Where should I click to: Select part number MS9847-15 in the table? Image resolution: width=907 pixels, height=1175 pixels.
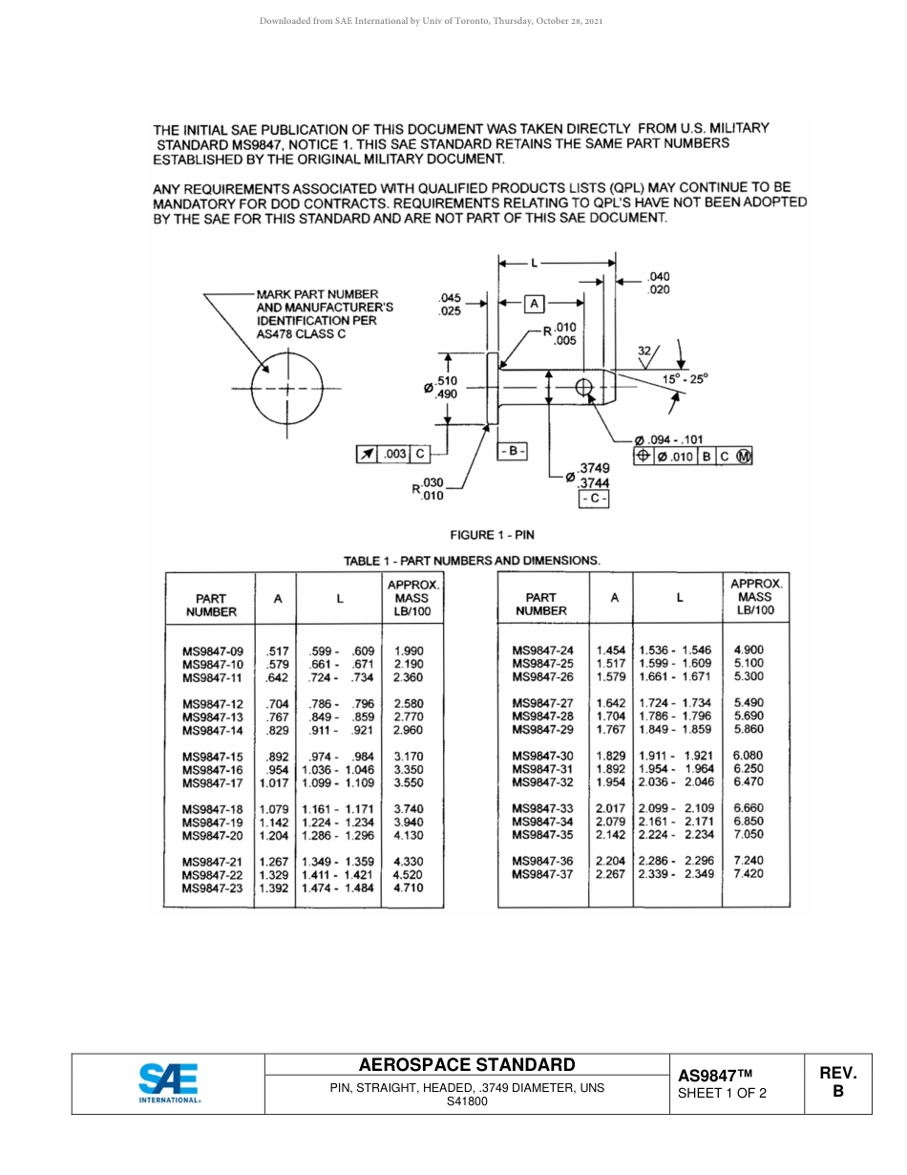tap(213, 757)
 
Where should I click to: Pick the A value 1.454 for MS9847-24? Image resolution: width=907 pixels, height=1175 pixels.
tap(611, 651)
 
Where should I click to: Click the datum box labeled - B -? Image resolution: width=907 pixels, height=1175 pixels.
tap(512, 450)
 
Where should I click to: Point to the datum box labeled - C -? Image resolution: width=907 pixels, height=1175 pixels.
tap(593, 499)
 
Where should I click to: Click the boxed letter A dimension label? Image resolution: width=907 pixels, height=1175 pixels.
tap(535, 303)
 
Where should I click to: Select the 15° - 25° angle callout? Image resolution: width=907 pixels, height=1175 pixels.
tap(686, 379)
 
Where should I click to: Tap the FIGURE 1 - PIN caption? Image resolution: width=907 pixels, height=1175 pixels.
tap(492, 535)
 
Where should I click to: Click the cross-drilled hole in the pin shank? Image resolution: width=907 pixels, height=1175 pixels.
tap(584, 388)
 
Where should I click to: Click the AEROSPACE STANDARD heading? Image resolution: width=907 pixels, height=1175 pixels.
tap(467, 1065)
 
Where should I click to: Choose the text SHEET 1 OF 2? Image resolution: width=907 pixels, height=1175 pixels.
tap(722, 1094)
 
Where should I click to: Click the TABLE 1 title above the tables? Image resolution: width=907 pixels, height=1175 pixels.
tap(472, 561)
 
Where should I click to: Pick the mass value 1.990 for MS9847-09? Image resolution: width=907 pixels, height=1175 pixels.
tap(408, 652)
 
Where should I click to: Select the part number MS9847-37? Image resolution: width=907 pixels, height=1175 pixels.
tap(542, 874)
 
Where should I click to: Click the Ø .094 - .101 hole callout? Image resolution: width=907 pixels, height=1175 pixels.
tap(668, 439)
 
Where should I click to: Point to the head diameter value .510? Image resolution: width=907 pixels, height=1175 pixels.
tap(446, 381)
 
